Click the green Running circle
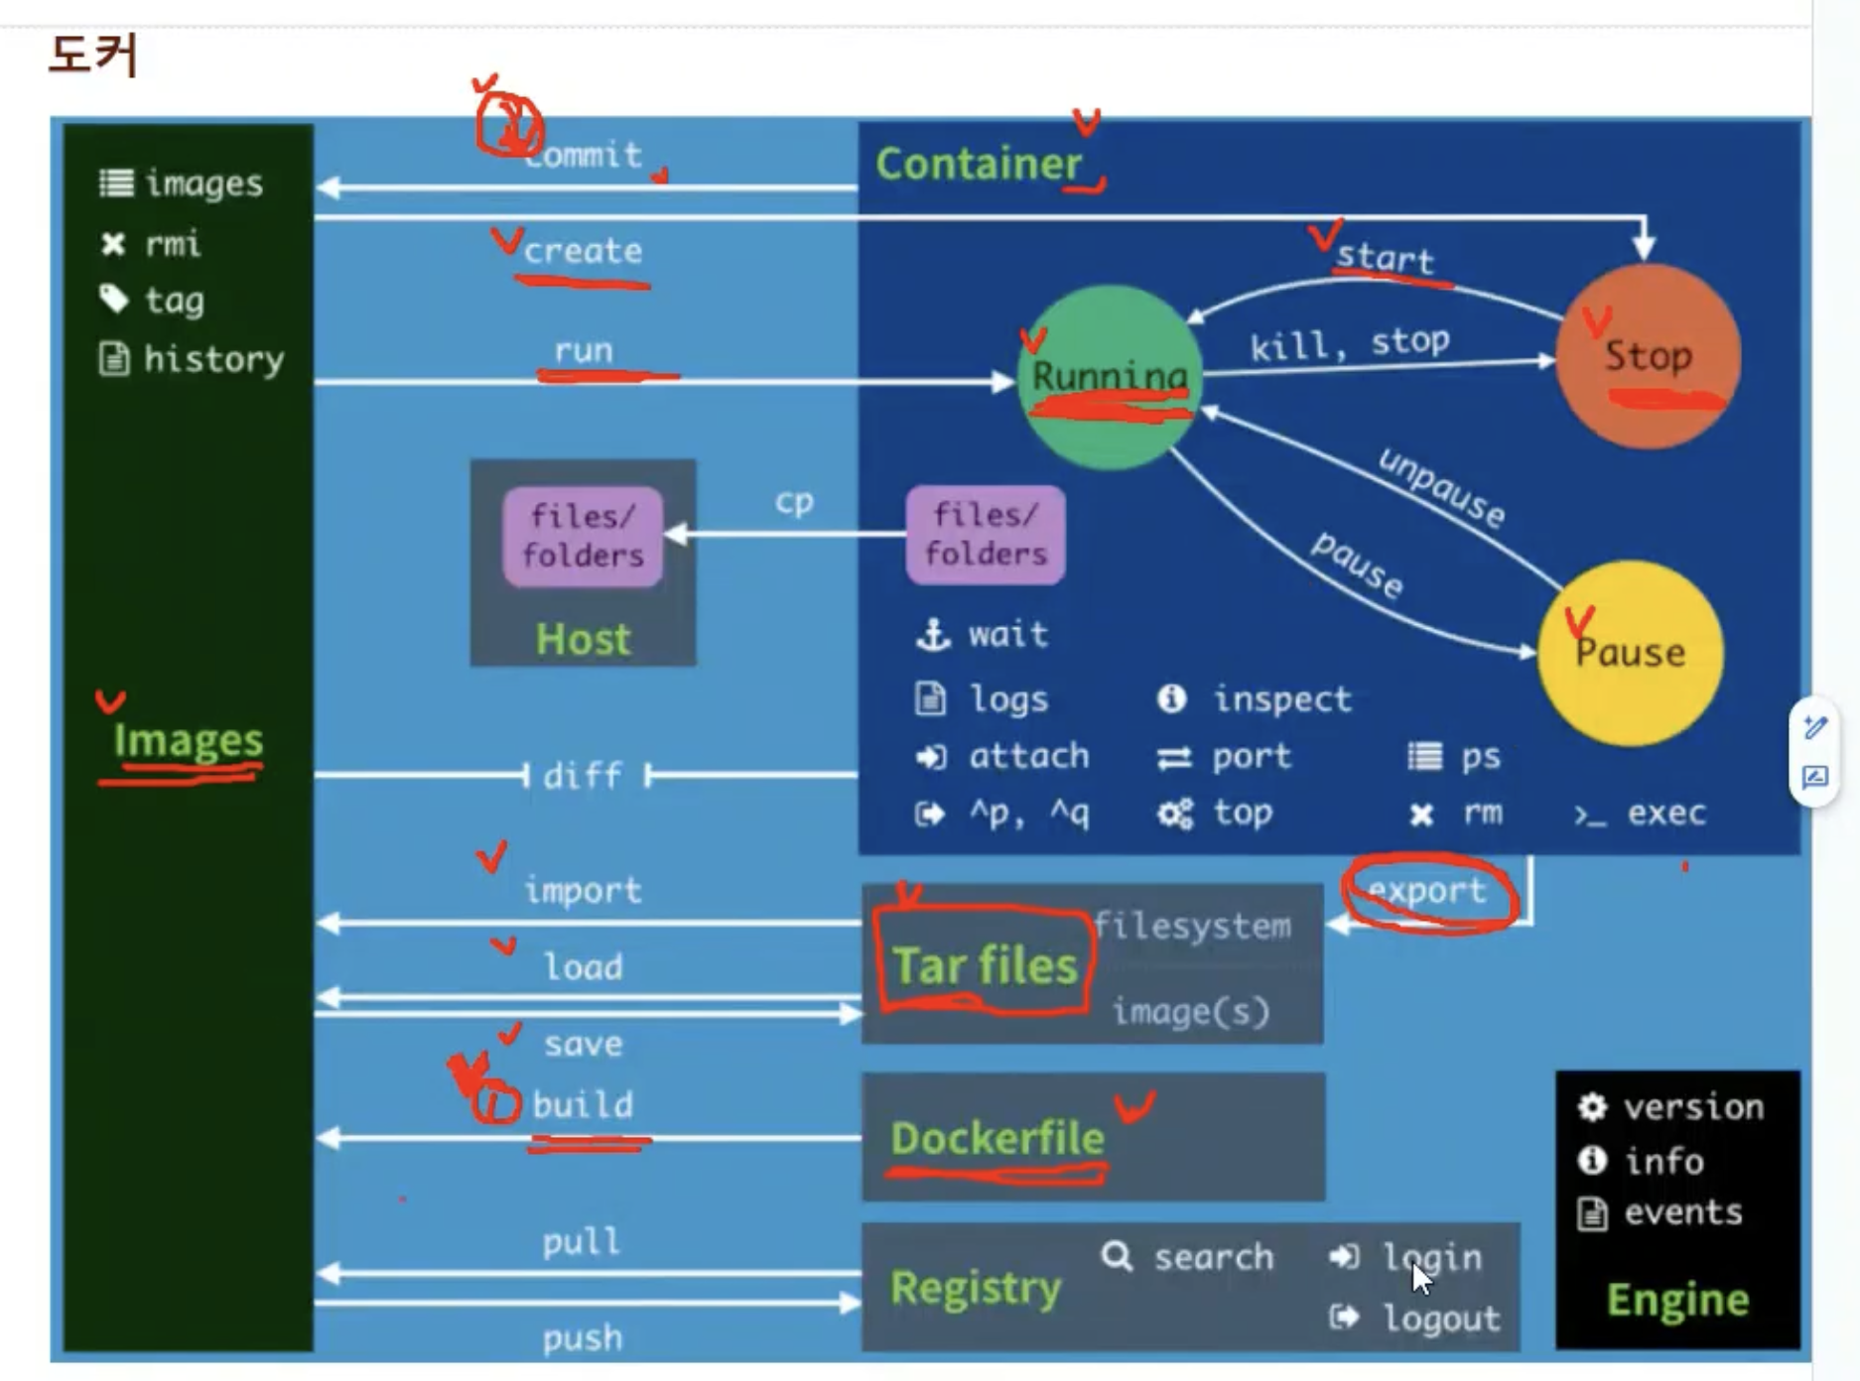point(1109,376)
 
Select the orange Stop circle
point(1648,355)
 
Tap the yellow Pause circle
point(1630,653)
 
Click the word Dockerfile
point(996,1138)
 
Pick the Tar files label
point(985,964)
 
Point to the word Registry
point(976,1288)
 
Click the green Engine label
point(1677,1300)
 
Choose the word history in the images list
point(213,359)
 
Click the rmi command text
point(173,244)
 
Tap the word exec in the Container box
point(1665,814)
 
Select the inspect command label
point(1281,699)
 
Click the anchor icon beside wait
point(932,634)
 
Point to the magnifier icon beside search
point(1117,1257)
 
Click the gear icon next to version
point(1592,1106)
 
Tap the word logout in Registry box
point(1441,1318)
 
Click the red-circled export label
point(1427,891)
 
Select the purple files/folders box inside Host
point(583,536)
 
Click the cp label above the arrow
point(794,501)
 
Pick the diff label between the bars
point(583,775)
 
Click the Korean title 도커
point(92,54)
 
